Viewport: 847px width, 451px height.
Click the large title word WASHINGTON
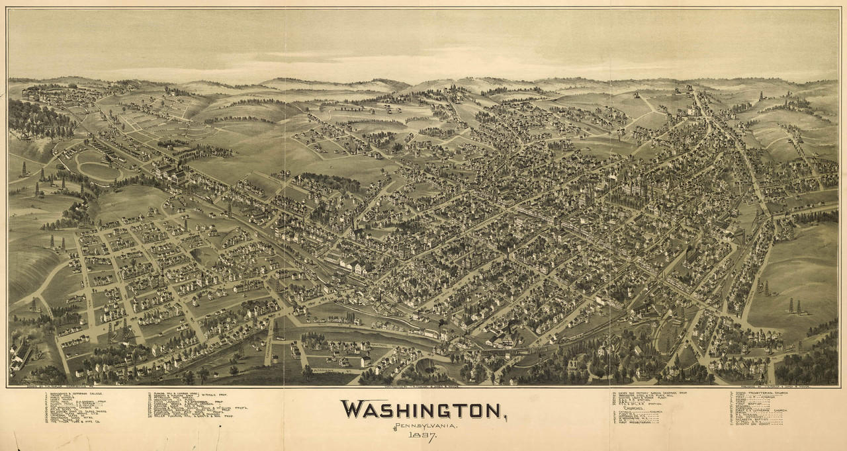[421, 410]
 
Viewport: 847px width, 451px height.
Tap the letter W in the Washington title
[351, 410]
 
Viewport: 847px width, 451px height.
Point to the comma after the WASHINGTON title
[504, 417]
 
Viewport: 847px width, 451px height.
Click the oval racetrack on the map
[97, 167]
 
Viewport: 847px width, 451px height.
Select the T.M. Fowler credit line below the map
[46, 388]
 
